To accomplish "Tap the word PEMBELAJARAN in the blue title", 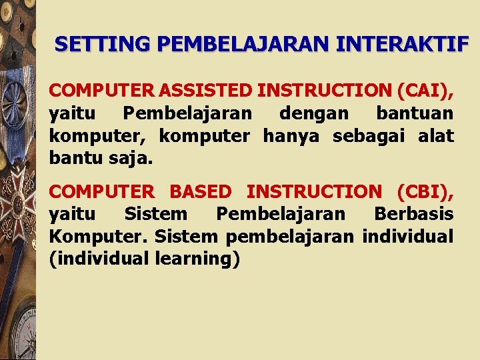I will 246,45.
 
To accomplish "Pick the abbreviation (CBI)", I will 425,191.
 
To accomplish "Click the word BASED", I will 201,191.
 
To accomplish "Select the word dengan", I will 314,113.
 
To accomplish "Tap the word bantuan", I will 415,113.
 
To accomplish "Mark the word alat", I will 436,136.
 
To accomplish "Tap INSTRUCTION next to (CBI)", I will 314,191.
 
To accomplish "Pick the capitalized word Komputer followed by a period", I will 100,237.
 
